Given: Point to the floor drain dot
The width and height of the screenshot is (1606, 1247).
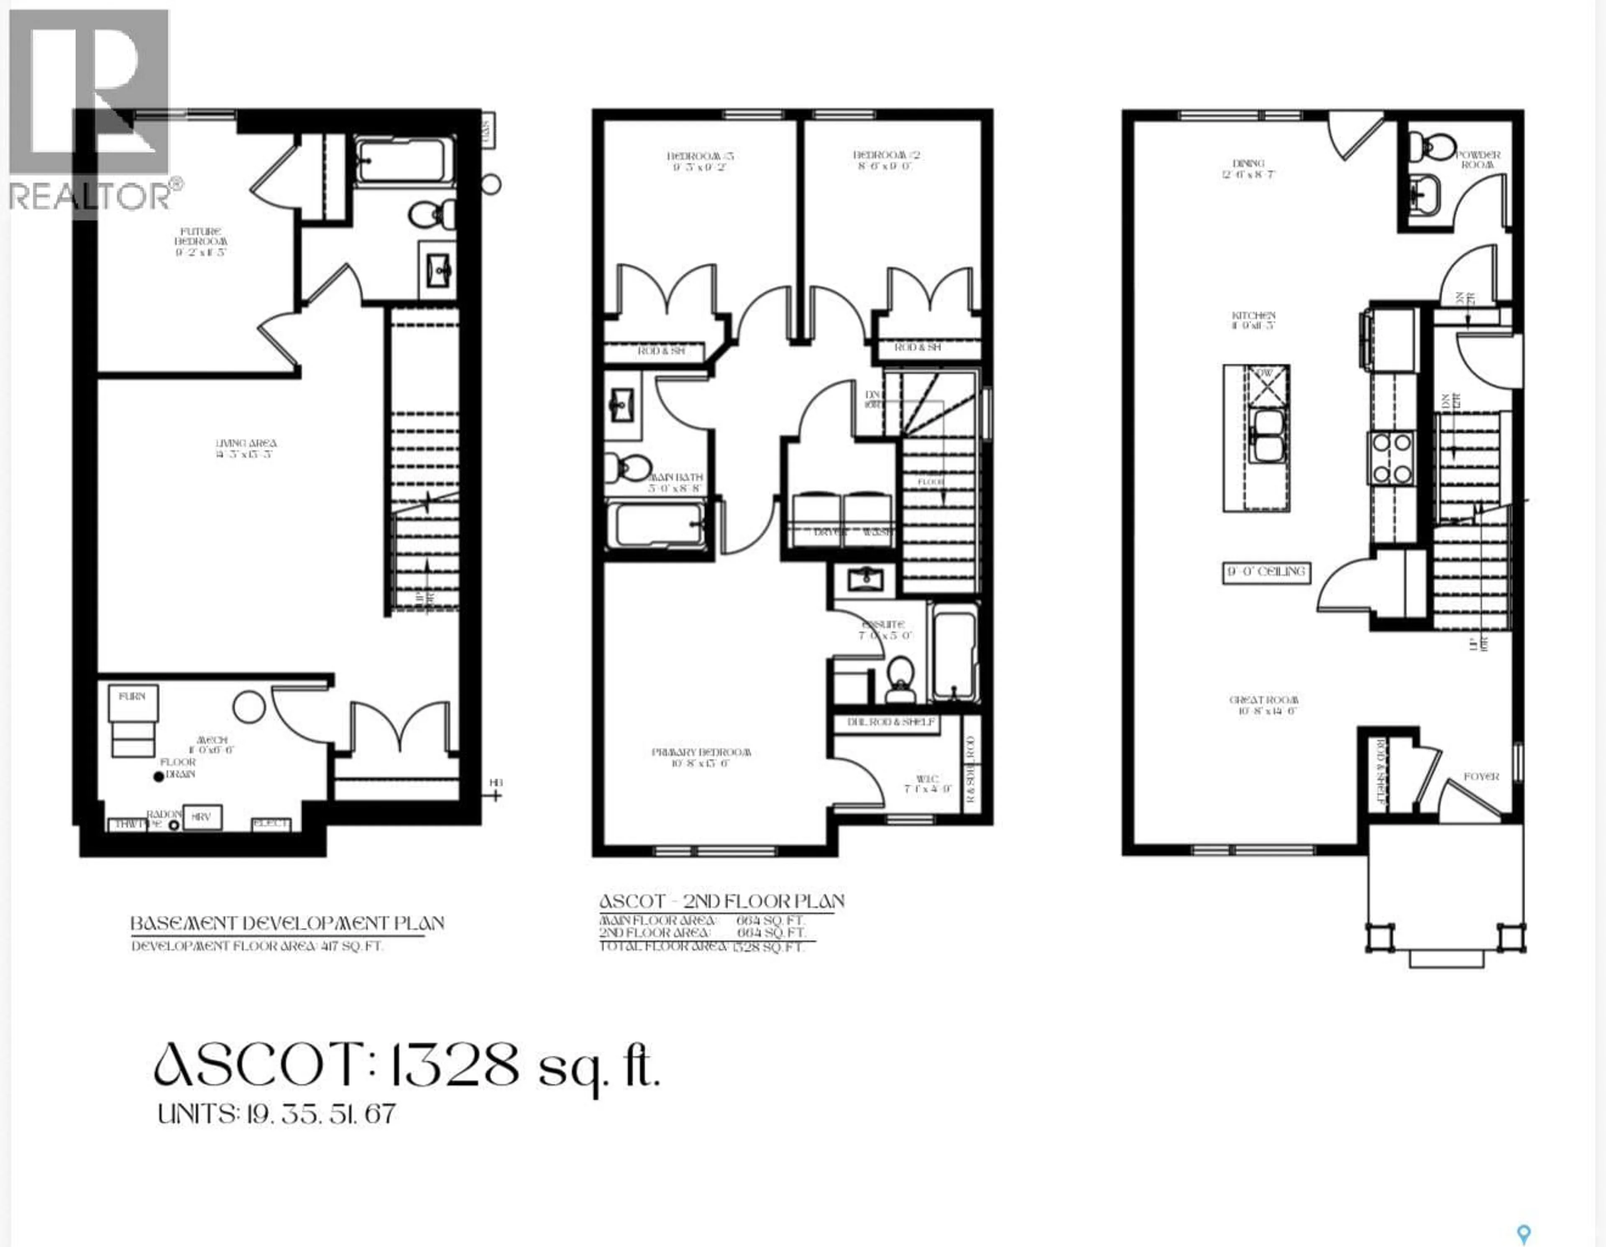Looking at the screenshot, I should [x=158, y=777].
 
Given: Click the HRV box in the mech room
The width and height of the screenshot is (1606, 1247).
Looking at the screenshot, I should [x=202, y=817].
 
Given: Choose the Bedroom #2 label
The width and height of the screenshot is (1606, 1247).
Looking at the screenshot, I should [x=886, y=160].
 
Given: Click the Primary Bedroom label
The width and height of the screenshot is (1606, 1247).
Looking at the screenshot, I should [x=701, y=757].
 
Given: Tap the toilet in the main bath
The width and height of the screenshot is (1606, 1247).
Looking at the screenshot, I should [x=628, y=466].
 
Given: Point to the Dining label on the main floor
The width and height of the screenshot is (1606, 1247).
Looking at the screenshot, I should [x=1248, y=169].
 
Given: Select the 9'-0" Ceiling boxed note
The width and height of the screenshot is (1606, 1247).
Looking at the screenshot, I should [x=1266, y=571].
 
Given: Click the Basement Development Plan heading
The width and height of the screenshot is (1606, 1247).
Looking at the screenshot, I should [x=287, y=923].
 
